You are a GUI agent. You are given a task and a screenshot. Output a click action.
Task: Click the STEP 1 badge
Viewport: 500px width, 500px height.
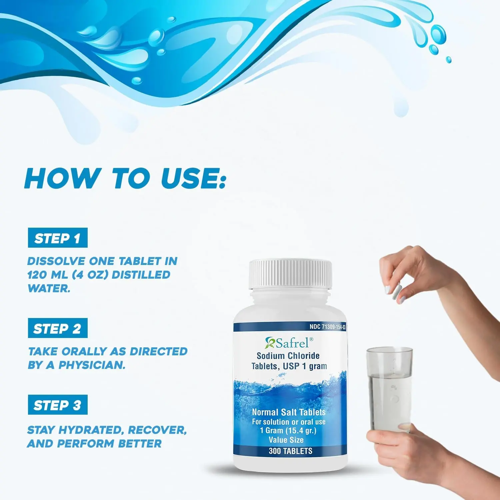click(x=57, y=238)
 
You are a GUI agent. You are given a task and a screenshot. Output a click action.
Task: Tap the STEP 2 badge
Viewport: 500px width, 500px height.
click(x=57, y=328)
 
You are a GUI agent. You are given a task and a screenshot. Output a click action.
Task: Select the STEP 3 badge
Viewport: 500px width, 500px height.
click(x=57, y=405)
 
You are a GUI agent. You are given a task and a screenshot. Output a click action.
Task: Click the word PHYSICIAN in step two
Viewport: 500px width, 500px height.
click(x=92, y=365)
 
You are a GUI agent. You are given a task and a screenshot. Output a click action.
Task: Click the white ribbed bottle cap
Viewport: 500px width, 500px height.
click(x=290, y=274)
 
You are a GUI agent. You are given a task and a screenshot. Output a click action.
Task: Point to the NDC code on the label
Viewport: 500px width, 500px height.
click(x=327, y=327)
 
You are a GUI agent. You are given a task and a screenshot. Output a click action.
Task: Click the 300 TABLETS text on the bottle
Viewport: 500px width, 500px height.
click(x=290, y=451)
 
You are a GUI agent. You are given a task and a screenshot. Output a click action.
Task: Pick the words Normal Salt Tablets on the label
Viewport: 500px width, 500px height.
click(x=289, y=412)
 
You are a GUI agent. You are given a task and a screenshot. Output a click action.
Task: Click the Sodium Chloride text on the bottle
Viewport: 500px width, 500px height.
click(x=288, y=356)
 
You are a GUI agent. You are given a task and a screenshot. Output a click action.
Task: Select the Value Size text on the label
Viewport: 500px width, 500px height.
click(x=286, y=440)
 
